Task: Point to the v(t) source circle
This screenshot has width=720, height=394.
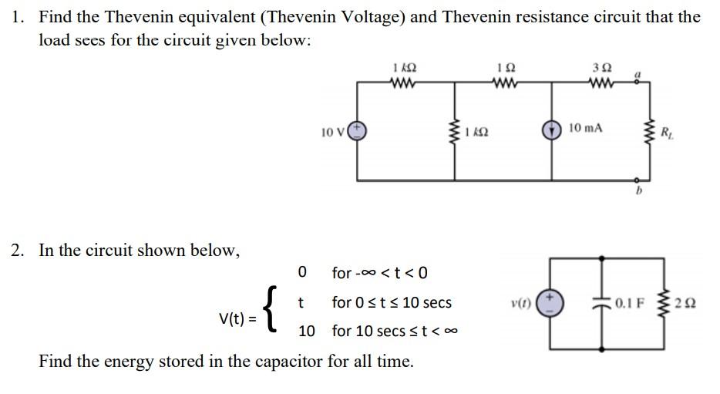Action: pyautogui.click(x=550, y=302)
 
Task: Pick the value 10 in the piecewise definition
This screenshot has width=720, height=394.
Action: pyautogui.click(x=306, y=331)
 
